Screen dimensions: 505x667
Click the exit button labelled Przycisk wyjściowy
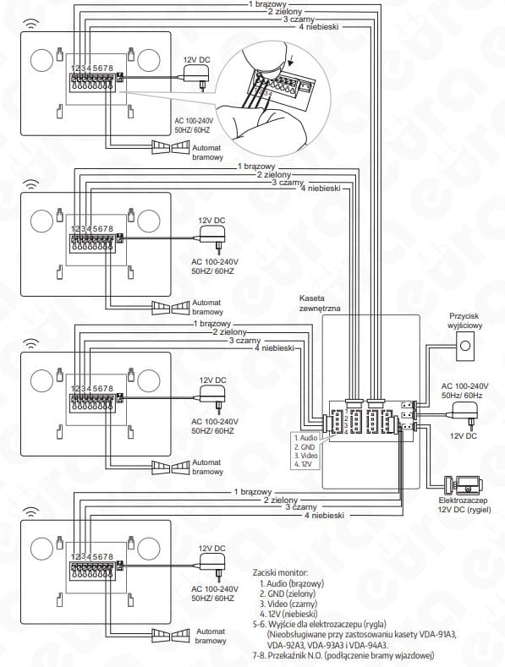(465, 346)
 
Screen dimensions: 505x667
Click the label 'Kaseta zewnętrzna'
(320, 303)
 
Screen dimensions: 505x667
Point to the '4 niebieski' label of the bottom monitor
(324, 515)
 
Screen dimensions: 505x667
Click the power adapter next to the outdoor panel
(465, 413)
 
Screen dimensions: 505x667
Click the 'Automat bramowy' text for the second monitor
(207, 307)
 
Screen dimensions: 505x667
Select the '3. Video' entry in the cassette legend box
(305, 456)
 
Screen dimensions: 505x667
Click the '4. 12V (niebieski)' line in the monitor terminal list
(288, 614)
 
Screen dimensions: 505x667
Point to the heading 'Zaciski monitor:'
(280, 572)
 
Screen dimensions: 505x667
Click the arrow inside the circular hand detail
(291, 62)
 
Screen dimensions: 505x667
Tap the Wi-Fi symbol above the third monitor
(30, 342)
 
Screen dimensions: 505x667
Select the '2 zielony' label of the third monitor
(230, 331)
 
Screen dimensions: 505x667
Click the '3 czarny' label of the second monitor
(288, 183)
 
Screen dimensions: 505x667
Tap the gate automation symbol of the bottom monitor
(171, 635)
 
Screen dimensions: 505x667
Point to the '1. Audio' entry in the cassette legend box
(305, 438)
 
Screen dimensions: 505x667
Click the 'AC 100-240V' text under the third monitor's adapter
(215, 422)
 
